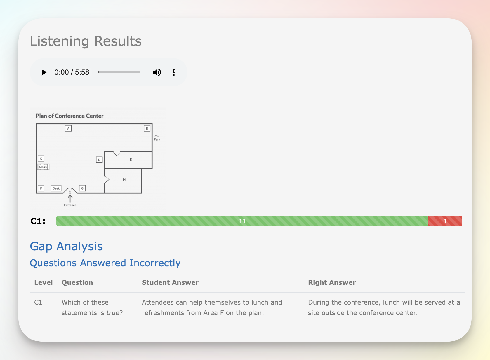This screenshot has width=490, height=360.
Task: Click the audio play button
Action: (x=44, y=72)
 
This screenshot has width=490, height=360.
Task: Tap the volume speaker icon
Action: (x=157, y=72)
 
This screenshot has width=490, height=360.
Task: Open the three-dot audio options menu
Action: (x=174, y=72)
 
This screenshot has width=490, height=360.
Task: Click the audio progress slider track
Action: (x=119, y=72)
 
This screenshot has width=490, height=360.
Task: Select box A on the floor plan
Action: (x=68, y=128)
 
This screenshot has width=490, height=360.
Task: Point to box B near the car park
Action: (x=147, y=128)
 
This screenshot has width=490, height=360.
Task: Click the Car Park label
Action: (x=157, y=138)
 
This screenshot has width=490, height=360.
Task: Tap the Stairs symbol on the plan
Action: (x=43, y=167)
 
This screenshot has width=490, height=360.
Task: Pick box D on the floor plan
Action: (x=99, y=160)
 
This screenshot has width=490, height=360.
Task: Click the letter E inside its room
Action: (x=131, y=160)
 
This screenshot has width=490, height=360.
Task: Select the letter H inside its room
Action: (x=124, y=179)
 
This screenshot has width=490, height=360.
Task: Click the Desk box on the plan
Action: (x=56, y=188)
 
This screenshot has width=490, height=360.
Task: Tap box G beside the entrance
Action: (x=82, y=188)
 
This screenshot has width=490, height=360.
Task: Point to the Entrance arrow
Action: (x=70, y=199)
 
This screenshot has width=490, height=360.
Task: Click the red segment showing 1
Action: (x=445, y=221)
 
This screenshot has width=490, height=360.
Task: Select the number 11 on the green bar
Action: (x=242, y=221)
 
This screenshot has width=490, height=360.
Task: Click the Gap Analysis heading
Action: (x=66, y=246)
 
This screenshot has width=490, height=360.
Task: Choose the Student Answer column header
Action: (x=170, y=282)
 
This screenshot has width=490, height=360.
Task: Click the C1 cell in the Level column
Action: (x=38, y=302)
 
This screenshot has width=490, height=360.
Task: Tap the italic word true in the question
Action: (x=113, y=313)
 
